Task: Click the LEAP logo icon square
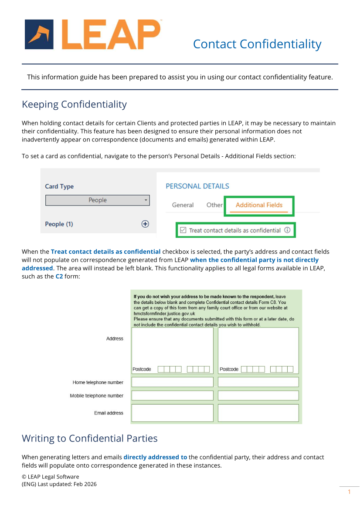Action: click(39, 34)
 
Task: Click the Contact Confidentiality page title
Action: click(257, 44)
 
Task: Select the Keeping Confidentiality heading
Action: click(74, 104)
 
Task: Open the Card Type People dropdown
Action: click(97, 200)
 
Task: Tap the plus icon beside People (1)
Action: click(145, 224)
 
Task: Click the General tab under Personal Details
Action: click(183, 205)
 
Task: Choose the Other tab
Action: click(214, 205)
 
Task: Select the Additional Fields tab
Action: click(259, 205)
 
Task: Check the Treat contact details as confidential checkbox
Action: click(183, 230)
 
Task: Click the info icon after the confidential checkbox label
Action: click(287, 230)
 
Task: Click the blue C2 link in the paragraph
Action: click(59, 276)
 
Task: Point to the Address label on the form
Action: click(115, 339)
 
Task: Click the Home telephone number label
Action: click(98, 382)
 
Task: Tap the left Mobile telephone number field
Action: click(172, 395)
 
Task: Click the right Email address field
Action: click(258, 413)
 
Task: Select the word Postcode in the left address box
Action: click(142, 369)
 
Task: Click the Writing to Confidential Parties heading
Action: click(89, 438)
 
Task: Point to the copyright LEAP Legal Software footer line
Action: click(51, 477)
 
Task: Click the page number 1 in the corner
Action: click(349, 492)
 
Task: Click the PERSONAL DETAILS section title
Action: click(197, 186)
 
